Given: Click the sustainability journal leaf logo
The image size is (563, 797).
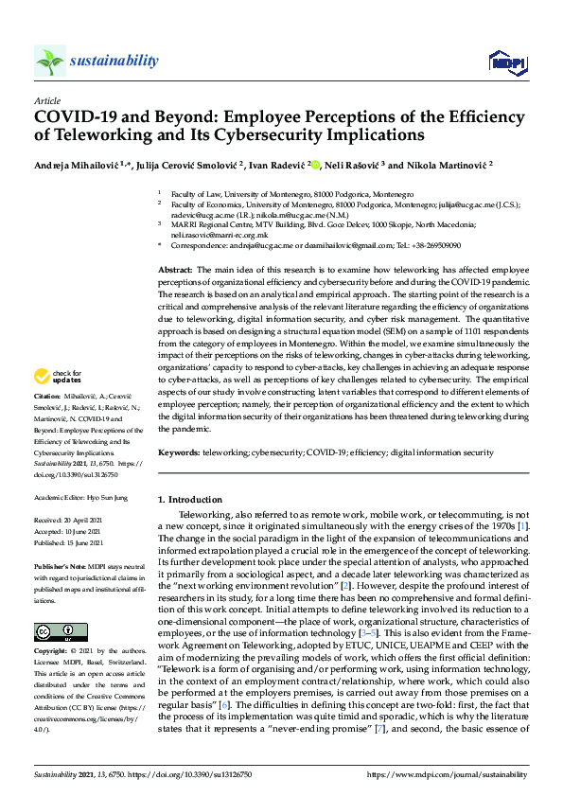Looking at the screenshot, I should click(x=49, y=62).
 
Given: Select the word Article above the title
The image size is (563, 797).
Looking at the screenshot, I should click(x=46, y=99).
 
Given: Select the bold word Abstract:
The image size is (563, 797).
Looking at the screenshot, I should click(x=177, y=271).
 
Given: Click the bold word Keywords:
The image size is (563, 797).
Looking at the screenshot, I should click(x=180, y=453).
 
